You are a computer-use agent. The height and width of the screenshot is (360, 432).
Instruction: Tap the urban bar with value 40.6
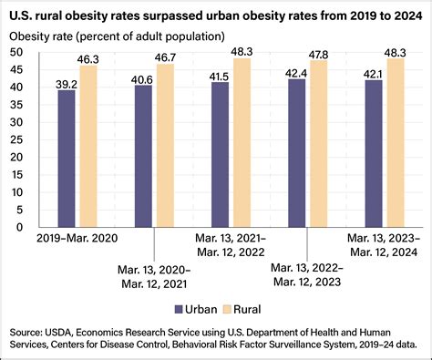pos(143,156)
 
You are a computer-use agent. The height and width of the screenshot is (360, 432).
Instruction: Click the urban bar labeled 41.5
pos(221,154)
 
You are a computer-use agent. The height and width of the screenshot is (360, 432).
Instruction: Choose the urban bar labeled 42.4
pos(297,153)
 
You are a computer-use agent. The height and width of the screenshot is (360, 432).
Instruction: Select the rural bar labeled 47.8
pos(319,143)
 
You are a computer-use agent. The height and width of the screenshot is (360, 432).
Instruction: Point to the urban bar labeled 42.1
pos(374,153)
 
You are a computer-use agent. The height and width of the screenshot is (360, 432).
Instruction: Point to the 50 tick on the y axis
pos(42,52)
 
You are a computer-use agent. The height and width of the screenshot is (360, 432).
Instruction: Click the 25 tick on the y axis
pos(42,139)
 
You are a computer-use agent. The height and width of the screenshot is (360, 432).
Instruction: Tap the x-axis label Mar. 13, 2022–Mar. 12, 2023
pos(307,275)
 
